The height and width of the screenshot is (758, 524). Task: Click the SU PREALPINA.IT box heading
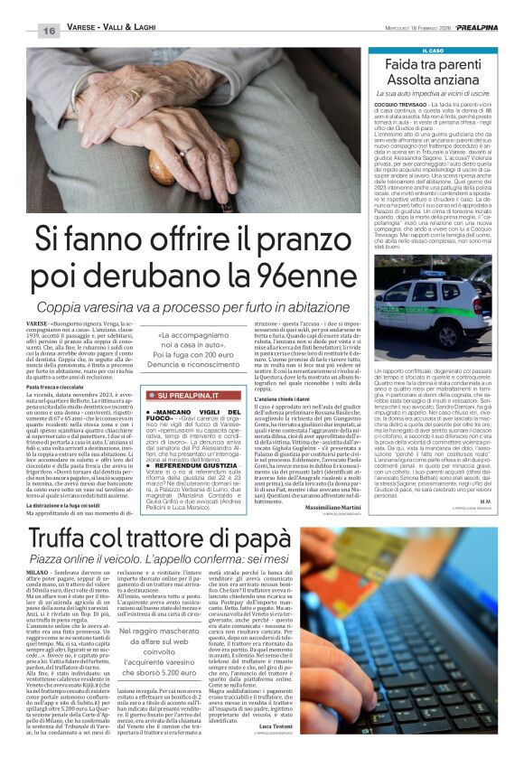coord(199,419)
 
